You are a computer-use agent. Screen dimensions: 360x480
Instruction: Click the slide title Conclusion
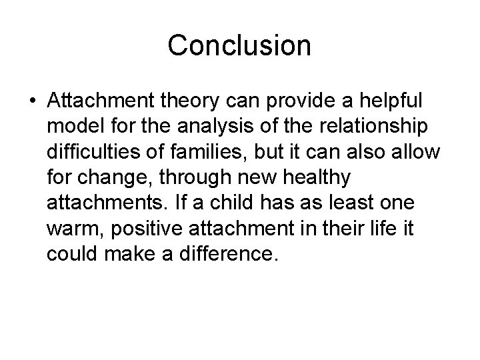pos(239,45)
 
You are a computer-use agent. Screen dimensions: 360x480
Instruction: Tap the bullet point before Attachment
pos(32,101)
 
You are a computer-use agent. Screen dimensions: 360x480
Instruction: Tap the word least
pos(364,203)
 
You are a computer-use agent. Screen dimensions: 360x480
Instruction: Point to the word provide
pos(294,100)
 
